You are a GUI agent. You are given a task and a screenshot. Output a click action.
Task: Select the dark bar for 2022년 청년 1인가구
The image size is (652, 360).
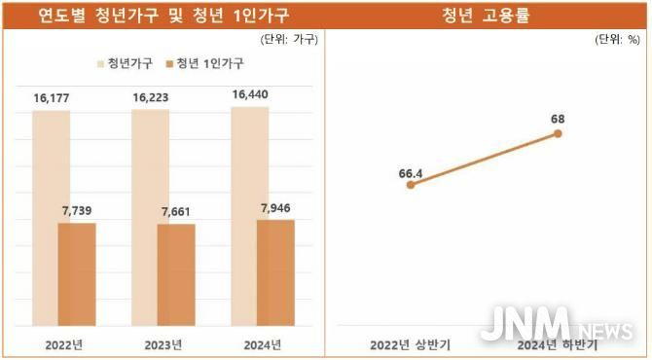pyautogui.click(x=77, y=274)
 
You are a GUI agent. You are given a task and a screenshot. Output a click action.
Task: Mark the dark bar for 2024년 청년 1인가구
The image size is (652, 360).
pyautogui.click(x=275, y=272)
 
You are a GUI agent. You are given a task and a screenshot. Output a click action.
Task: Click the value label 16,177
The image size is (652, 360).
pyautogui.click(x=51, y=99)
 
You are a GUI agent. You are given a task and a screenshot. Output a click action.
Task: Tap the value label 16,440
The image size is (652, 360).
pyautogui.click(x=250, y=95)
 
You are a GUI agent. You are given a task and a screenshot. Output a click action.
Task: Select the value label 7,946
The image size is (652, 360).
pyautogui.click(x=275, y=207)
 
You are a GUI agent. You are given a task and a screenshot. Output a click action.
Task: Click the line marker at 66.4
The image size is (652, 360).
pyautogui.click(x=411, y=184)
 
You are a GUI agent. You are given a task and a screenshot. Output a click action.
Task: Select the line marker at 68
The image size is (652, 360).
pyautogui.click(x=558, y=133)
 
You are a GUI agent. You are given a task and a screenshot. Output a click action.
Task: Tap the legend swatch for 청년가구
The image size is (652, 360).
pyautogui.click(x=101, y=63)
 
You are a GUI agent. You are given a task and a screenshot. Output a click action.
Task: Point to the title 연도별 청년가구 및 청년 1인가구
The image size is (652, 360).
pyautogui.click(x=163, y=15)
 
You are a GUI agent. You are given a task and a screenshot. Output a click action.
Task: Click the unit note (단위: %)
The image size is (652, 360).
pyautogui.click(x=617, y=41)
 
